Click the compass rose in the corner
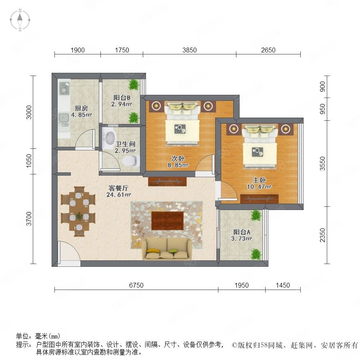[x=20, y=20]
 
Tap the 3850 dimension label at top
[x=190, y=50]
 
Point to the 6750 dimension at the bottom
[x=136, y=285]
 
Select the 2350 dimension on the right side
[x=322, y=235]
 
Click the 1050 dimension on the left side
[x=29, y=161]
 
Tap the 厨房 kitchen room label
[x=82, y=108]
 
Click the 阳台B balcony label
[x=122, y=98]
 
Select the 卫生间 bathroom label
[x=125, y=144]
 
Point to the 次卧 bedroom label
[x=178, y=158]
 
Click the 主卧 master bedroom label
[x=259, y=180]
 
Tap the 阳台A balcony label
[x=242, y=232]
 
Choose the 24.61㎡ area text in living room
[x=118, y=195]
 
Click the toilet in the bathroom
[x=131, y=160]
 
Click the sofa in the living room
[x=167, y=249]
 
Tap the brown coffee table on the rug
[x=167, y=221]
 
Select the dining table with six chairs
[x=78, y=212]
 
